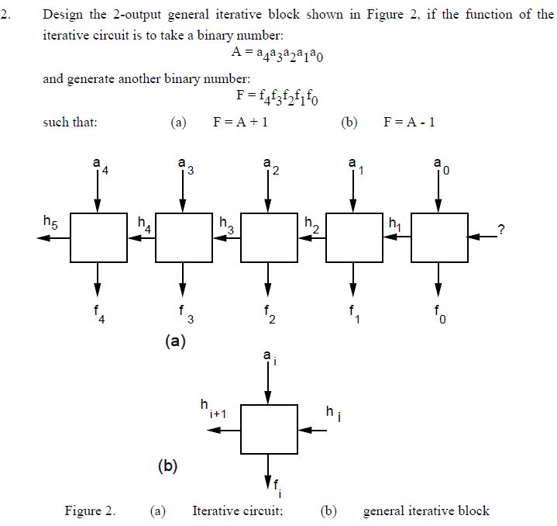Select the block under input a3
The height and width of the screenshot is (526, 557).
(x=183, y=237)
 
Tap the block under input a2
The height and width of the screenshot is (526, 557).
(x=268, y=237)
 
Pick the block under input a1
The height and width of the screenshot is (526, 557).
(x=353, y=237)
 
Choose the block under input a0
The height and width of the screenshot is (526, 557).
(x=438, y=237)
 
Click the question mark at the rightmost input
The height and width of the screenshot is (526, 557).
(x=502, y=228)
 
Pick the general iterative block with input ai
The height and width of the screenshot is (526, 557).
(x=268, y=429)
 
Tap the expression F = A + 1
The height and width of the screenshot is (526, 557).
(x=239, y=122)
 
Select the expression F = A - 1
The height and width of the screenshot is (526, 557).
(x=410, y=122)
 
